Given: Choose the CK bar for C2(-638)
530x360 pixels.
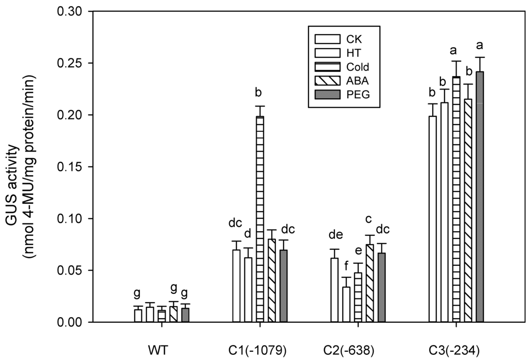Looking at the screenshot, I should (335, 290).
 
